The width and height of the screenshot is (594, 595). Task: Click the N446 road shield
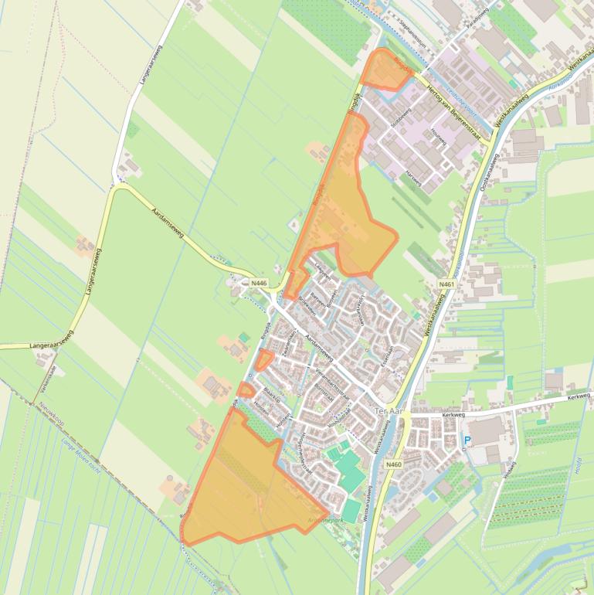259,284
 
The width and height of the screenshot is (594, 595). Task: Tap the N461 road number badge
446,284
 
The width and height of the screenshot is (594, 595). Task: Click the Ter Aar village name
388,412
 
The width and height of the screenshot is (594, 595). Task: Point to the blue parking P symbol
466,441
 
